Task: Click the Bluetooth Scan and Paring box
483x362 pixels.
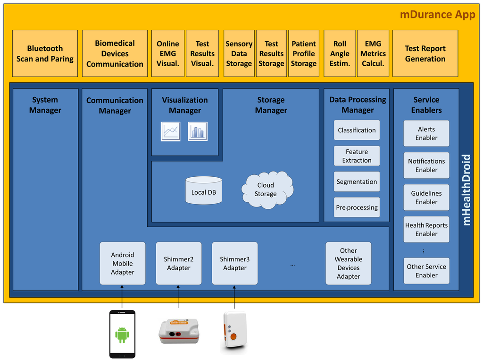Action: tap(45, 53)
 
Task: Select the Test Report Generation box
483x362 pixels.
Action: tap(425, 53)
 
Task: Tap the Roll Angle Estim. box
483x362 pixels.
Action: tap(340, 53)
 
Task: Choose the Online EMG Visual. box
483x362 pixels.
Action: tap(168, 53)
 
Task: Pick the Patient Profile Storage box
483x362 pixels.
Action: tap(304, 53)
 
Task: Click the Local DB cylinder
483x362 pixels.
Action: tap(203, 190)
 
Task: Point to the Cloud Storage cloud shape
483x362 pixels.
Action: tap(266, 190)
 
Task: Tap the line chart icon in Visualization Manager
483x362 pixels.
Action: tap(170, 131)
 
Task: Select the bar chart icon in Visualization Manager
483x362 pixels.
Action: tap(198, 131)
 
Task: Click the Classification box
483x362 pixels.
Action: tap(357, 130)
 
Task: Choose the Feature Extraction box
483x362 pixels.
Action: tap(357, 156)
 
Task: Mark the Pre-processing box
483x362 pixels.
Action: tap(357, 207)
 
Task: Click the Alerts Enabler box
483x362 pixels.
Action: tap(426, 133)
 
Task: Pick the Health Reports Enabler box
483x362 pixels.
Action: tap(426, 229)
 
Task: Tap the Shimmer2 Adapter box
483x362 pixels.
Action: tap(179, 263)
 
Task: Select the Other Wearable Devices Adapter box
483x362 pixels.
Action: tap(348, 263)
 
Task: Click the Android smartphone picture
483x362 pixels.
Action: tap(122, 334)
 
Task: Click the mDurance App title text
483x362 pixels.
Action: tap(437, 15)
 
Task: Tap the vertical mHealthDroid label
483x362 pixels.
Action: tap(466, 190)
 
